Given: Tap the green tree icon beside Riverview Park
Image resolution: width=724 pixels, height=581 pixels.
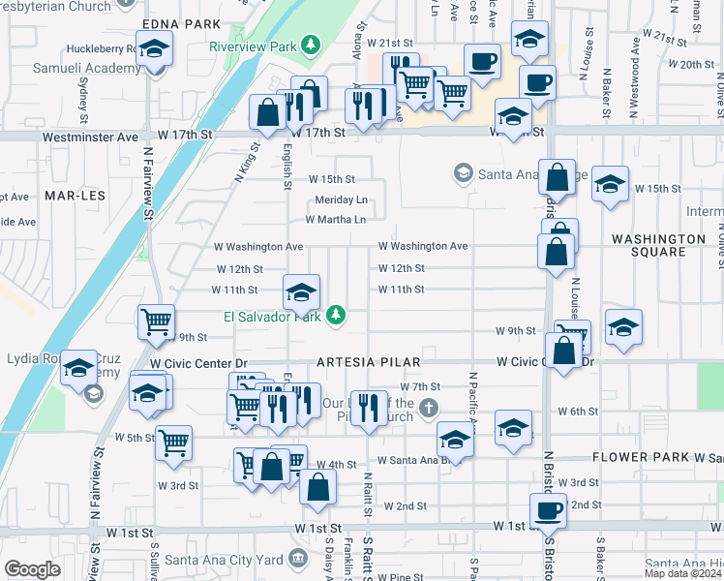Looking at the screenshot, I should pyautogui.click(x=310, y=45).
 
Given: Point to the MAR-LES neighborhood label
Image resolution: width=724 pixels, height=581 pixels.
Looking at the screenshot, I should pyautogui.click(x=68, y=195).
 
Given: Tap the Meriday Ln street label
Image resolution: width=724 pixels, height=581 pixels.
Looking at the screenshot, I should pyautogui.click(x=342, y=199).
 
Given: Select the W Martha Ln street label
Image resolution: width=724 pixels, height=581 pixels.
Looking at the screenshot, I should pyautogui.click(x=336, y=220).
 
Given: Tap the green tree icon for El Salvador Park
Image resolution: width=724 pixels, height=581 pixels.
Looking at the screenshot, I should pyautogui.click(x=336, y=315).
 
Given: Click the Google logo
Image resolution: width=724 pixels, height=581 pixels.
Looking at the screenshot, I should pyautogui.click(x=31, y=569).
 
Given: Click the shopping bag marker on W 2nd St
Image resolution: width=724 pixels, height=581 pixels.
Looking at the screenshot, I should pyautogui.click(x=317, y=486).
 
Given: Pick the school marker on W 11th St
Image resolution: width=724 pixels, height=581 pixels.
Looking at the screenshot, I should pyautogui.click(x=302, y=290).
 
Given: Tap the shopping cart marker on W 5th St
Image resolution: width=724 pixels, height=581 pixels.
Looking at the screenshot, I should pyautogui.click(x=173, y=443).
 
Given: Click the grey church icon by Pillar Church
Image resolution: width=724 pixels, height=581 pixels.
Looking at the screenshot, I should pyautogui.click(x=431, y=410).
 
